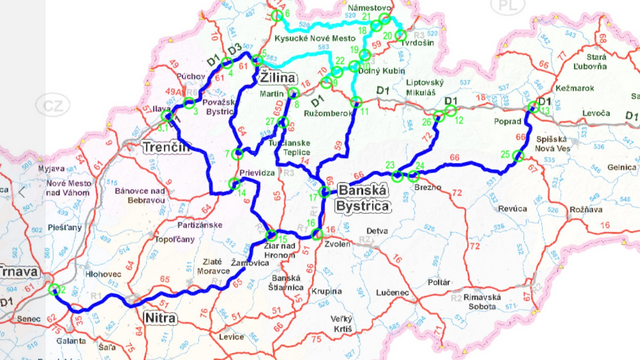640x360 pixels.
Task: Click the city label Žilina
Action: [277, 77]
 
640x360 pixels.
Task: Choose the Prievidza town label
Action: [258, 172]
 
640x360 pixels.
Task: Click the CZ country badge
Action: [50, 104]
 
